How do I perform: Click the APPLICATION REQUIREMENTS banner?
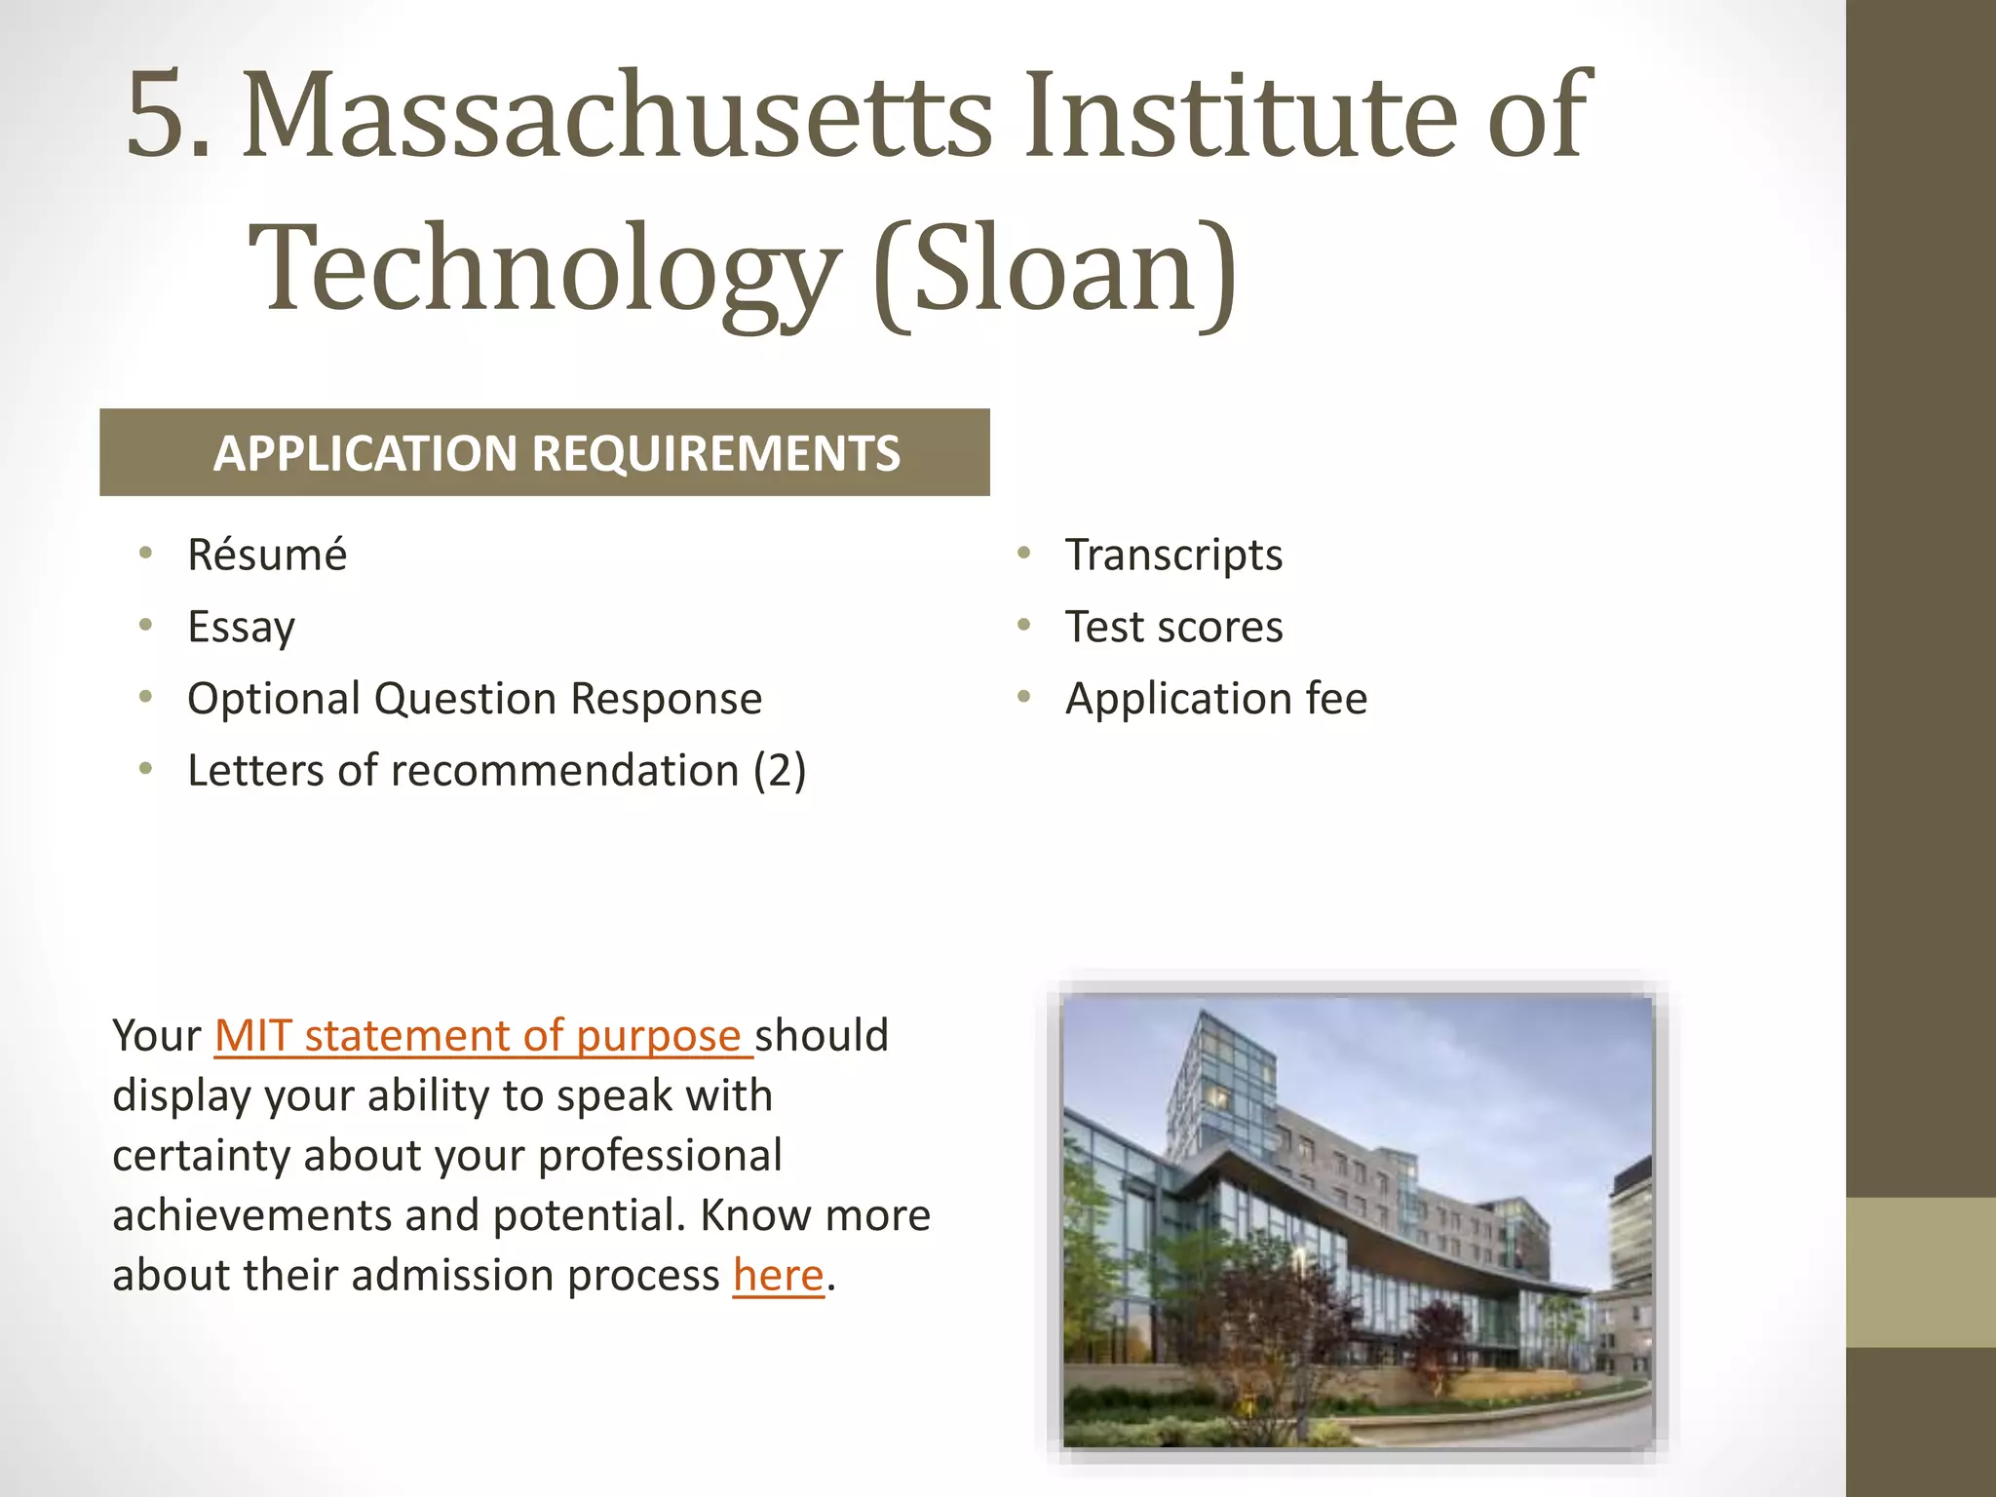coord(545,453)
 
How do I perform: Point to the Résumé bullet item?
coord(267,555)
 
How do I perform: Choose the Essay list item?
coord(241,627)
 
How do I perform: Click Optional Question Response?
coord(475,699)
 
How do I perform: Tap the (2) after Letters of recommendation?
coord(779,771)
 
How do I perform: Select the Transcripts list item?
coord(1173,555)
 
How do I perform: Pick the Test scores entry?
coord(1173,627)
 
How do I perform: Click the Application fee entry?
coord(1216,699)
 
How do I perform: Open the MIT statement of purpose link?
coord(481,1036)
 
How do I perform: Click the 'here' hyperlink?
coord(779,1276)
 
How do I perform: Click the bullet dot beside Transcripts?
coord(1023,554)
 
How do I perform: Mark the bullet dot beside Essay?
coord(146,625)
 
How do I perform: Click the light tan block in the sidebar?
coord(1921,1272)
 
